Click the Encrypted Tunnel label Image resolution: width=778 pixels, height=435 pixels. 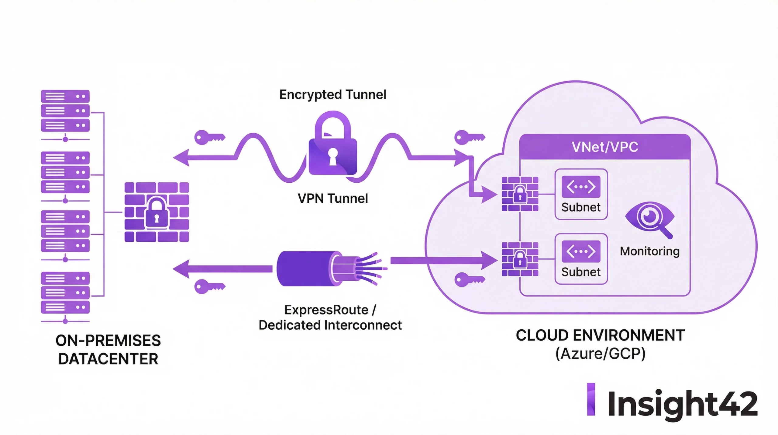(x=333, y=95)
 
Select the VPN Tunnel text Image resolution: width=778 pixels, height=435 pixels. (x=333, y=198)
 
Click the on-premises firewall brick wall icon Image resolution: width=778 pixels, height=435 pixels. (x=157, y=212)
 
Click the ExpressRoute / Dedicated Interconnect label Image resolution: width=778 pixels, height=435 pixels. (x=330, y=317)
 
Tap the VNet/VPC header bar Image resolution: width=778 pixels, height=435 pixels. (x=605, y=147)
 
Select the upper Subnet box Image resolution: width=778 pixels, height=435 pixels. (x=581, y=194)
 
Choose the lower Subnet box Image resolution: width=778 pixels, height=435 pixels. (x=581, y=259)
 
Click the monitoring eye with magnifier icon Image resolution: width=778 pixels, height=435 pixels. (x=650, y=219)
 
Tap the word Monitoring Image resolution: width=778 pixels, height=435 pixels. (x=650, y=251)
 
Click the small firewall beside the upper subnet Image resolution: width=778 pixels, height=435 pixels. (x=520, y=194)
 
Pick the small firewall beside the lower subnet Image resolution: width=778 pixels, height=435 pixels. (x=520, y=259)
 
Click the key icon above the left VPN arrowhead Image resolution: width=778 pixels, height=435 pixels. (x=209, y=137)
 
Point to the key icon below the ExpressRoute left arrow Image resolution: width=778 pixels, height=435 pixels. (x=209, y=286)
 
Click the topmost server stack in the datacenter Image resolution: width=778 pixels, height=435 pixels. (x=65, y=111)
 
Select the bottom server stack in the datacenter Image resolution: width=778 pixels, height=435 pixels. (x=65, y=293)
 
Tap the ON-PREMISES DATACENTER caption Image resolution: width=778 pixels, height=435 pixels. (x=108, y=349)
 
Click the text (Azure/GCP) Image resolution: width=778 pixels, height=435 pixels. (x=600, y=354)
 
